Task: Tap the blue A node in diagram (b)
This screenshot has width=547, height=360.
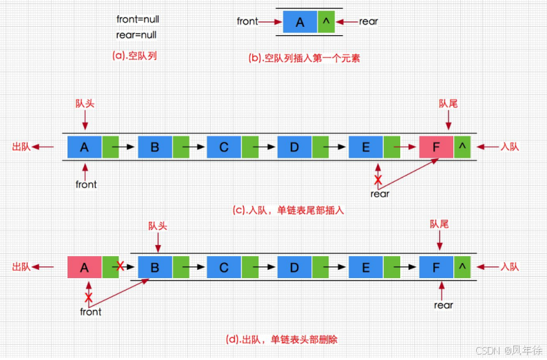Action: tap(300, 22)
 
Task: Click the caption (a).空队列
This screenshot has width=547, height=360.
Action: tap(134, 56)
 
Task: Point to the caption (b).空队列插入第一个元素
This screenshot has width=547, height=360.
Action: tap(304, 59)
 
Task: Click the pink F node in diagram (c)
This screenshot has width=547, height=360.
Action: tap(436, 147)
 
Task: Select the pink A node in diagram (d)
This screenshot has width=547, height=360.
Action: tap(85, 266)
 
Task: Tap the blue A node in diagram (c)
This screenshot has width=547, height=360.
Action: tap(85, 147)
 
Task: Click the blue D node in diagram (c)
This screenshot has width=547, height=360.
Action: tap(295, 147)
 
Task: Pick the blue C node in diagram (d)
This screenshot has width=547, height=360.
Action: tap(225, 266)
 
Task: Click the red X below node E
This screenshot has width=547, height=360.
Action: tap(378, 180)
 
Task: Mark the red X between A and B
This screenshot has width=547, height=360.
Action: tap(121, 266)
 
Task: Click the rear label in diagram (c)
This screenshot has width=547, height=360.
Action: tap(380, 194)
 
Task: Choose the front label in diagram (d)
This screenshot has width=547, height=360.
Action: tap(90, 312)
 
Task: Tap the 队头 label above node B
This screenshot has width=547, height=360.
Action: tap(158, 226)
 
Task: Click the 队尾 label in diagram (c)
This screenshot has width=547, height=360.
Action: tap(448, 103)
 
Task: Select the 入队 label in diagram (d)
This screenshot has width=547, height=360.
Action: tap(510, 266)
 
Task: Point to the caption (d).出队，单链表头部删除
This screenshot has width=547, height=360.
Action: tap(281, 339)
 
